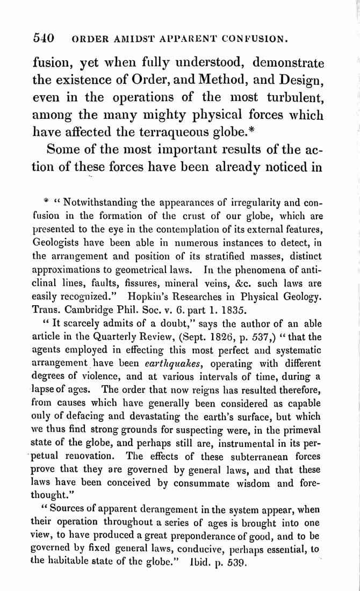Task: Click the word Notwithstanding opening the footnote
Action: tap(100, 203)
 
